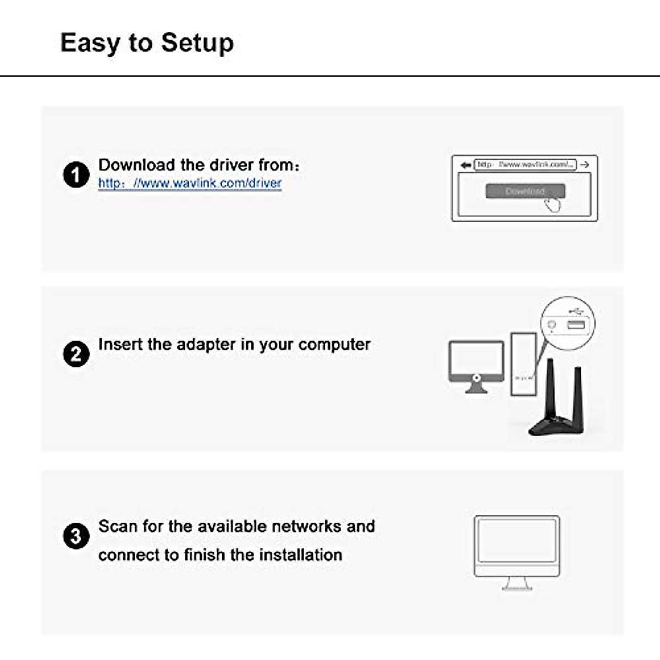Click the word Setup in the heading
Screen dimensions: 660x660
point(197,43)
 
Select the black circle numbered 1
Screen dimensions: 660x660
point(76,175)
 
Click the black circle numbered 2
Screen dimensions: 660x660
point(76,354)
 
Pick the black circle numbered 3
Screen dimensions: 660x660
point(76,536)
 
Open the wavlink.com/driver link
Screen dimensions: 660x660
point(190,183)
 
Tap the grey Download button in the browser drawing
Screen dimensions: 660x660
point(525,191)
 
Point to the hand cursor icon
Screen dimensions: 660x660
point(553,205)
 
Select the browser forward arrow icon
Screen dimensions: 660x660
point(585,164)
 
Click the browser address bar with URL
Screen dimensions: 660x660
point(525,164)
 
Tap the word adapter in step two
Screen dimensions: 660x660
point(206,344)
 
